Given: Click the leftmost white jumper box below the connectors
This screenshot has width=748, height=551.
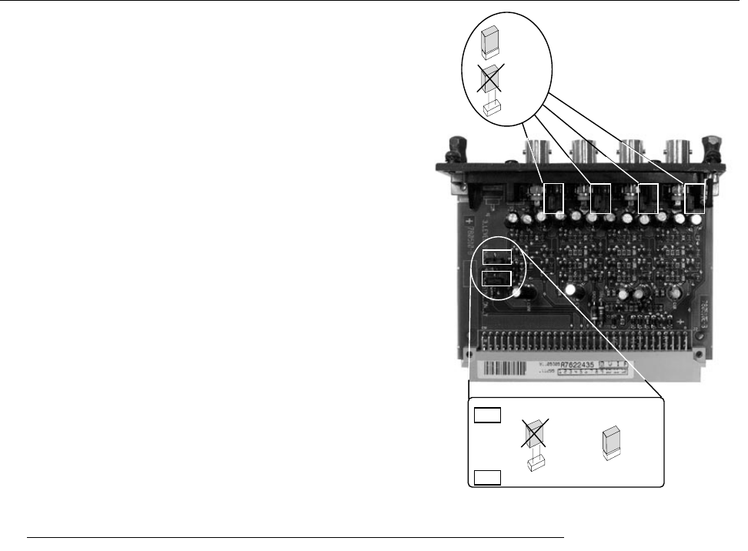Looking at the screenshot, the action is pos(554,198).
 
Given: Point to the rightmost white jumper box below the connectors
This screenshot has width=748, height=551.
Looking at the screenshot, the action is pos(695,198).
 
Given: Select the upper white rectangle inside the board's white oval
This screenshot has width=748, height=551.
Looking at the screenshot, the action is pos(496,256).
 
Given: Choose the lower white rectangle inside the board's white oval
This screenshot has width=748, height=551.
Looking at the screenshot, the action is pos(496,278).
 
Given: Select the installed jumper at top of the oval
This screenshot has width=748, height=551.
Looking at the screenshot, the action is pos(489,43).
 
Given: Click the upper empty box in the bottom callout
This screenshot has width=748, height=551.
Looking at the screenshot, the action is pos(486,416).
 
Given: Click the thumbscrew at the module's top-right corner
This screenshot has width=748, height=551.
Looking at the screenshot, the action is pos(713,145).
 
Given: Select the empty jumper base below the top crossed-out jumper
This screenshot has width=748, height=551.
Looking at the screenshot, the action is pos(489,109).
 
